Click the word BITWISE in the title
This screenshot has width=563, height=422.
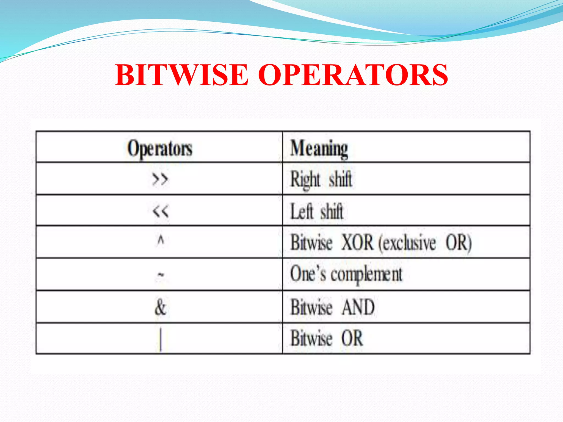[x=182, y=75]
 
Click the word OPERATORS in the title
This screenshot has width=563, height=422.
[x=353, y=75]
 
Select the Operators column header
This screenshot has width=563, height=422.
[x=160, y=149]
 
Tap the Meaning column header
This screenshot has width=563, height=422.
[x=319, y=149]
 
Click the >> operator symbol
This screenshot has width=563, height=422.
[x=160, y=180]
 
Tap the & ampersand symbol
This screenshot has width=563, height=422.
[x=161, y=307]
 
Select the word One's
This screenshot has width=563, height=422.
[x=308, y=274]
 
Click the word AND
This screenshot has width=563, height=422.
[x=358, y=307]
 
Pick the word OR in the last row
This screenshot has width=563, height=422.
[x=352, y=338]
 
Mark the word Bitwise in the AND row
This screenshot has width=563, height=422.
[x=311, y=307]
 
